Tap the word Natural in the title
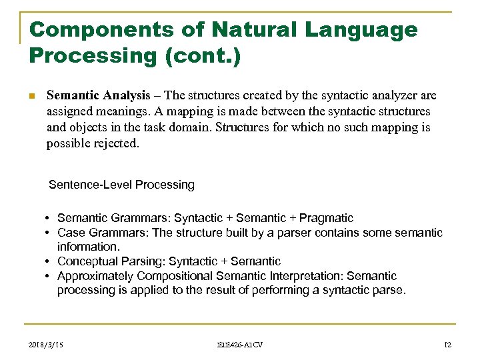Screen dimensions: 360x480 (241, 29)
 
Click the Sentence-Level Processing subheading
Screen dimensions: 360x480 (121, 185)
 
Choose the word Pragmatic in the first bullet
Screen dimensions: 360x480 (326, 218)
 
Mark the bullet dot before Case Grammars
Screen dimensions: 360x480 (49, 233)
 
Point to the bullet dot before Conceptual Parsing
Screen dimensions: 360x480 (49, 261)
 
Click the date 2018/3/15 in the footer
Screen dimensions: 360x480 (47, 344)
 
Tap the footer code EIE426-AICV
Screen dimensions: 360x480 (240, 344)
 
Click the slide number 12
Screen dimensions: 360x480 (447, 344)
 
